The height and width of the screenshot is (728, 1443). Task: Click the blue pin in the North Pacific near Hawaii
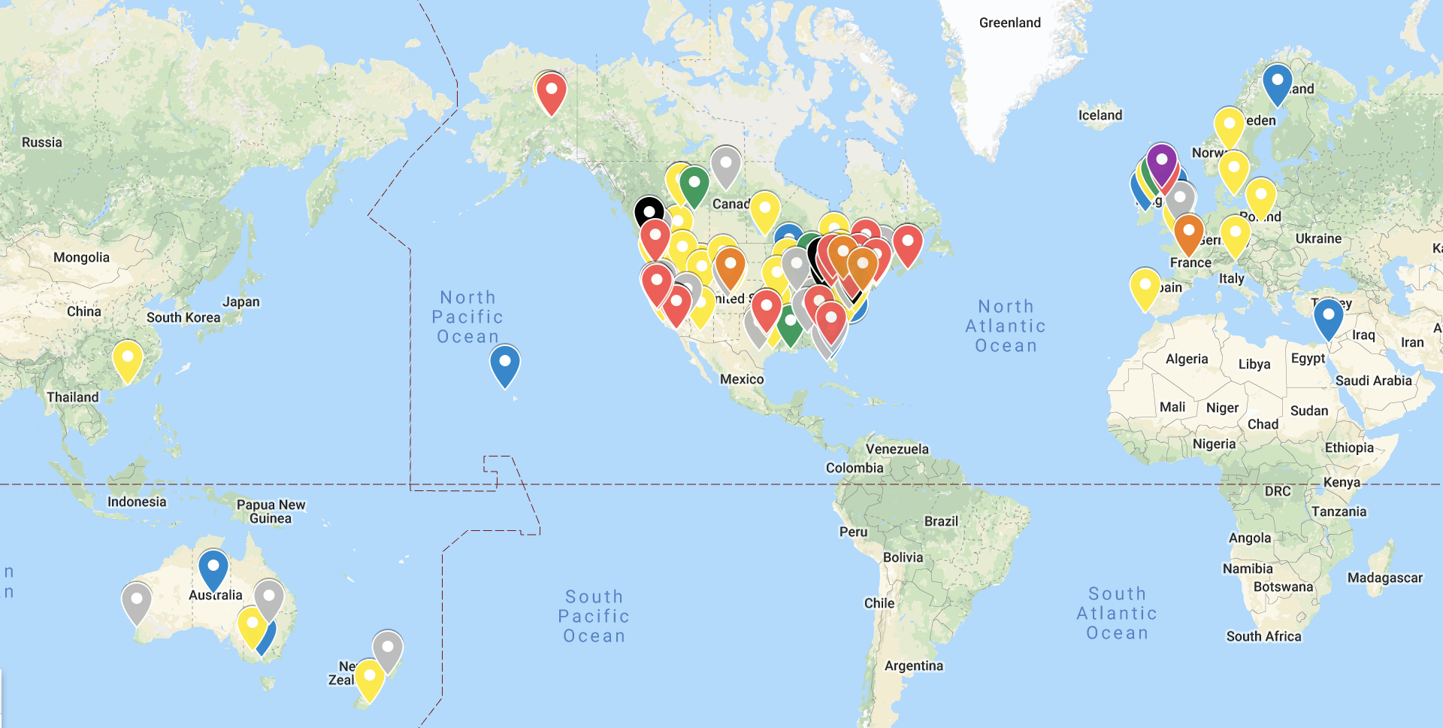coord(505,363)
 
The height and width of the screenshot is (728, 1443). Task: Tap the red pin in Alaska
coord(551,91)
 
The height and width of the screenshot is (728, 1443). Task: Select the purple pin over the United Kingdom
coord(1162,162)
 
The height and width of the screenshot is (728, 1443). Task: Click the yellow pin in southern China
coord(128,359)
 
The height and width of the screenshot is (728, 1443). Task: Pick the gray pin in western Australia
coord(137,601)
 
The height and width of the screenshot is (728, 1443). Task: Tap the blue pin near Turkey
coord(1329,317)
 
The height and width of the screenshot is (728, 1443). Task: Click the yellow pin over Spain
coord(1145,287)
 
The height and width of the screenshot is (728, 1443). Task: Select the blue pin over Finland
coord(1277,82)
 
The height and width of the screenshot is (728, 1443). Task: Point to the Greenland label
coord(1009,23)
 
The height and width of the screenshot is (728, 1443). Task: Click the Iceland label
coord(1100,115)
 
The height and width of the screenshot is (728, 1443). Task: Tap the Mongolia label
coord(81,257)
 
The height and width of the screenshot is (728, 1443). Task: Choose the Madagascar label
coord(1384,578)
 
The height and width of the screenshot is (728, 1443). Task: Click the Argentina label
coord(913,666)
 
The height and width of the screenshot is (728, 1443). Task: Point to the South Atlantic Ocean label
coord(1117,614)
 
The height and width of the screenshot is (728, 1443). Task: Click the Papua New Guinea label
coord(271,511)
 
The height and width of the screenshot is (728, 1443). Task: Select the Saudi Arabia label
coord(1373,381)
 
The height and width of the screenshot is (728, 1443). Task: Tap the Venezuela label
coord(897,449)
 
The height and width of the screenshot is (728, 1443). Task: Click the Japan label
coord(240,302)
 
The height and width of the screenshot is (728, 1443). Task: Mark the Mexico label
coord(742,379)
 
